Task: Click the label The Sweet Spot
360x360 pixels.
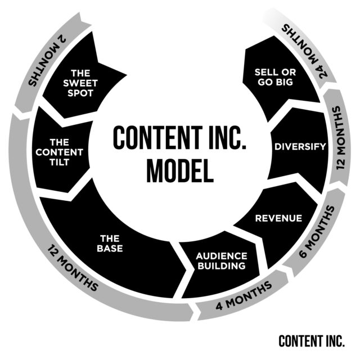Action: point(84,83)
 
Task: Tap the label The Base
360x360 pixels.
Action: point(110,242)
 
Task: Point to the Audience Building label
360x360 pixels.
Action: point(222,260)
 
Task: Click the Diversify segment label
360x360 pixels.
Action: point(300,147)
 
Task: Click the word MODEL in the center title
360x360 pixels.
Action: point(179,170)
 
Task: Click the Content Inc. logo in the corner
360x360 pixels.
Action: point(312,341)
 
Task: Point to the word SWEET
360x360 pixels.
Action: point(84,83)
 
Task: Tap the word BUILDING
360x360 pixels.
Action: point(222,265)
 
